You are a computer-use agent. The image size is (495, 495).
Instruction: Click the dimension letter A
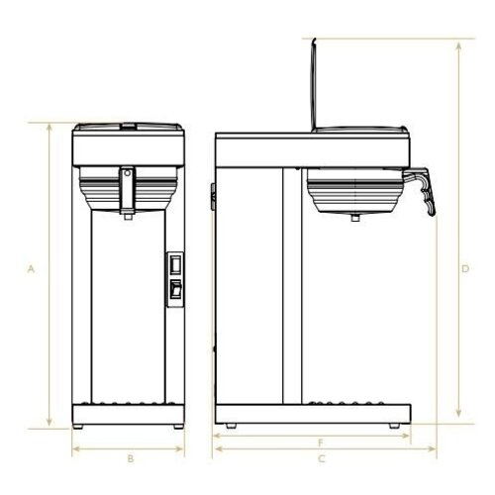click(x=31, y=268)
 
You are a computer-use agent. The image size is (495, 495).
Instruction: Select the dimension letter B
click(x=130, y=458)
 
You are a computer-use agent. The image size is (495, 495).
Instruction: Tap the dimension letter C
click(x=322, y=458)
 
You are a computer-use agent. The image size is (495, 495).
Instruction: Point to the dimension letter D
click(x=465, y=268)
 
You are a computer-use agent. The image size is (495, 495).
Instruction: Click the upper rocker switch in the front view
click(x=176, y=265)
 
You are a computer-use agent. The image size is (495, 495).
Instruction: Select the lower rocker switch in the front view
click(x=176, y=289)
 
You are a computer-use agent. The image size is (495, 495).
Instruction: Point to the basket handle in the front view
click(x=127, y=188)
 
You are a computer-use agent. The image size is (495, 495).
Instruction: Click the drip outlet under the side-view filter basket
click(x=354, y=215)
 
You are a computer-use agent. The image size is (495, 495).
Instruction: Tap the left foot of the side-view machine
click(x=231, y=426)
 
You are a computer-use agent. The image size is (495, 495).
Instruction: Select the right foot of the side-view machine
click(x=396, y=426)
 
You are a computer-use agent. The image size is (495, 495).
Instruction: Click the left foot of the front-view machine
click(x=82, y=426)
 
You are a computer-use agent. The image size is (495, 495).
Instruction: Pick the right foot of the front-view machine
click(x=177, y=426)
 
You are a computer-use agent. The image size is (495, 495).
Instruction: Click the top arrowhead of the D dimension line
click(x=457, y=44)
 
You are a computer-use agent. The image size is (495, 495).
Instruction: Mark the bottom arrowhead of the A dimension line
click(x=48, y=425)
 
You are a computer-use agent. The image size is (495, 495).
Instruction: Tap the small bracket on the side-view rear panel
click(x=212, y=196)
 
